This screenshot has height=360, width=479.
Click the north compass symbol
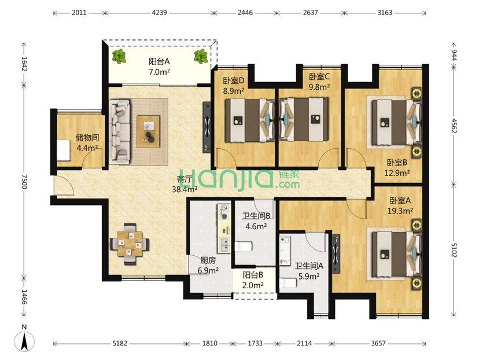coord(24,341)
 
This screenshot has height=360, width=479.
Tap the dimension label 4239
coord(159,13)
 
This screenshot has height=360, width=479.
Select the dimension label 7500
coord(24,182)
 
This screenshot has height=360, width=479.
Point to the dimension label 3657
coord(378,343)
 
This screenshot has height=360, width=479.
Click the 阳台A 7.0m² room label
coord(159,67)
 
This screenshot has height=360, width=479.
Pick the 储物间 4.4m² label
coord(87,143)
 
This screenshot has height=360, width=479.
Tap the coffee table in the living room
coord(148,131)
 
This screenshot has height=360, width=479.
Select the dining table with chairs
coord(130,244)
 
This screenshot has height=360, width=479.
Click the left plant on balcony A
coord(119,56)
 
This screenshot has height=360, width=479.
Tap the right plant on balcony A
coord(201,56)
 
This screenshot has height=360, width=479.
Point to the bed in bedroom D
coord(250,120)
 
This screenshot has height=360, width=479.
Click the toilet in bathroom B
coord(244,246)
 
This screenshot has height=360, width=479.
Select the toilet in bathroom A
coord(288,282)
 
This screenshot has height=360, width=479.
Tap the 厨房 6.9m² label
coord(208,265)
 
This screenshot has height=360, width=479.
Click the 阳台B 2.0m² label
coord(253,280)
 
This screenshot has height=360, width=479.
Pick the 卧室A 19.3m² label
coord(400,205)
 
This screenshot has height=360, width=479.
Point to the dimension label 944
coord(454,55)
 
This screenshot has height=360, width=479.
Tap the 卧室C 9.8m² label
coord(319,82)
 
